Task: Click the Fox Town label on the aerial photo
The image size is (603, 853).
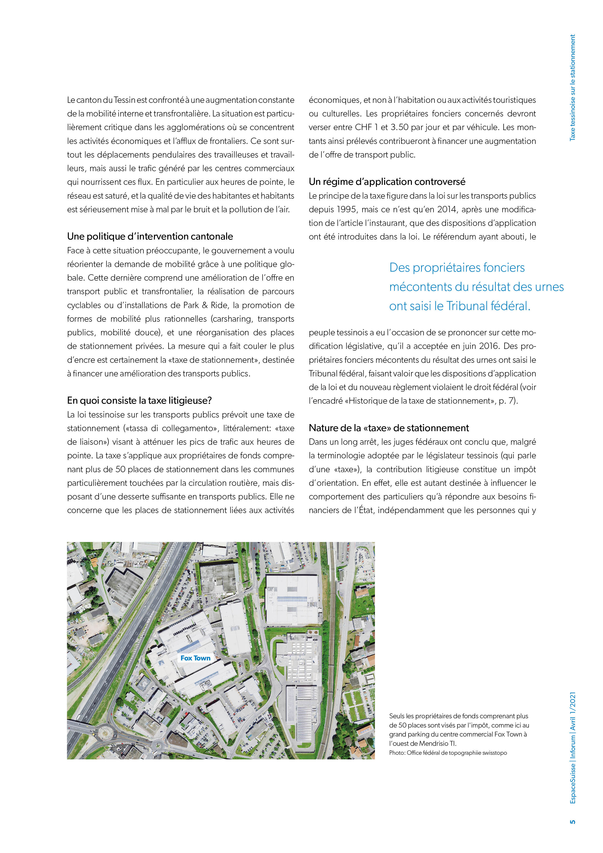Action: (195, 658)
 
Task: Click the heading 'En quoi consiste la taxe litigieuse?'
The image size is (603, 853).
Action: (139, 400)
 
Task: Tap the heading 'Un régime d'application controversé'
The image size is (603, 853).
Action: (387, 182)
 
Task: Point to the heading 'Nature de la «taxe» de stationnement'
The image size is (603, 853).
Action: (389, 428)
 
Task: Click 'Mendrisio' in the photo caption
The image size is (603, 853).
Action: (434, 743)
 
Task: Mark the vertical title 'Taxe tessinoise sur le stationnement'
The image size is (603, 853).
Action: (573, 88)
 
